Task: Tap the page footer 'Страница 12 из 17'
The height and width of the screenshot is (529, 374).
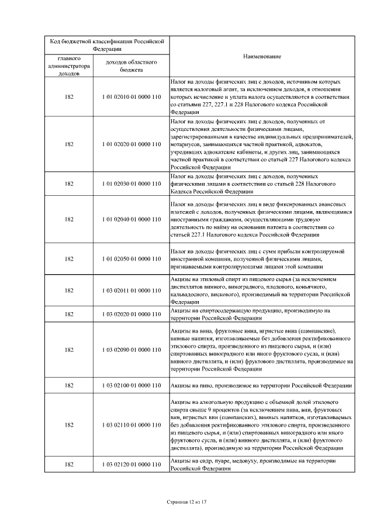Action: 187,502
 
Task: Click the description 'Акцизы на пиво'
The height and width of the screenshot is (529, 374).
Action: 261,386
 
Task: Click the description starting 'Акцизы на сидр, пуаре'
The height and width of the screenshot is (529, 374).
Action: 251,465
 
